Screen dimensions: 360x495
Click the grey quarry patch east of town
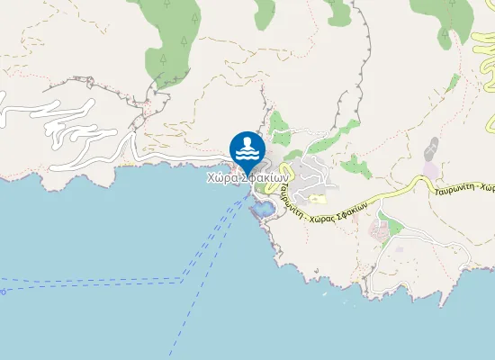[x=433, y=148]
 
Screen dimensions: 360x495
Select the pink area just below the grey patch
[x=431, y=170]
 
